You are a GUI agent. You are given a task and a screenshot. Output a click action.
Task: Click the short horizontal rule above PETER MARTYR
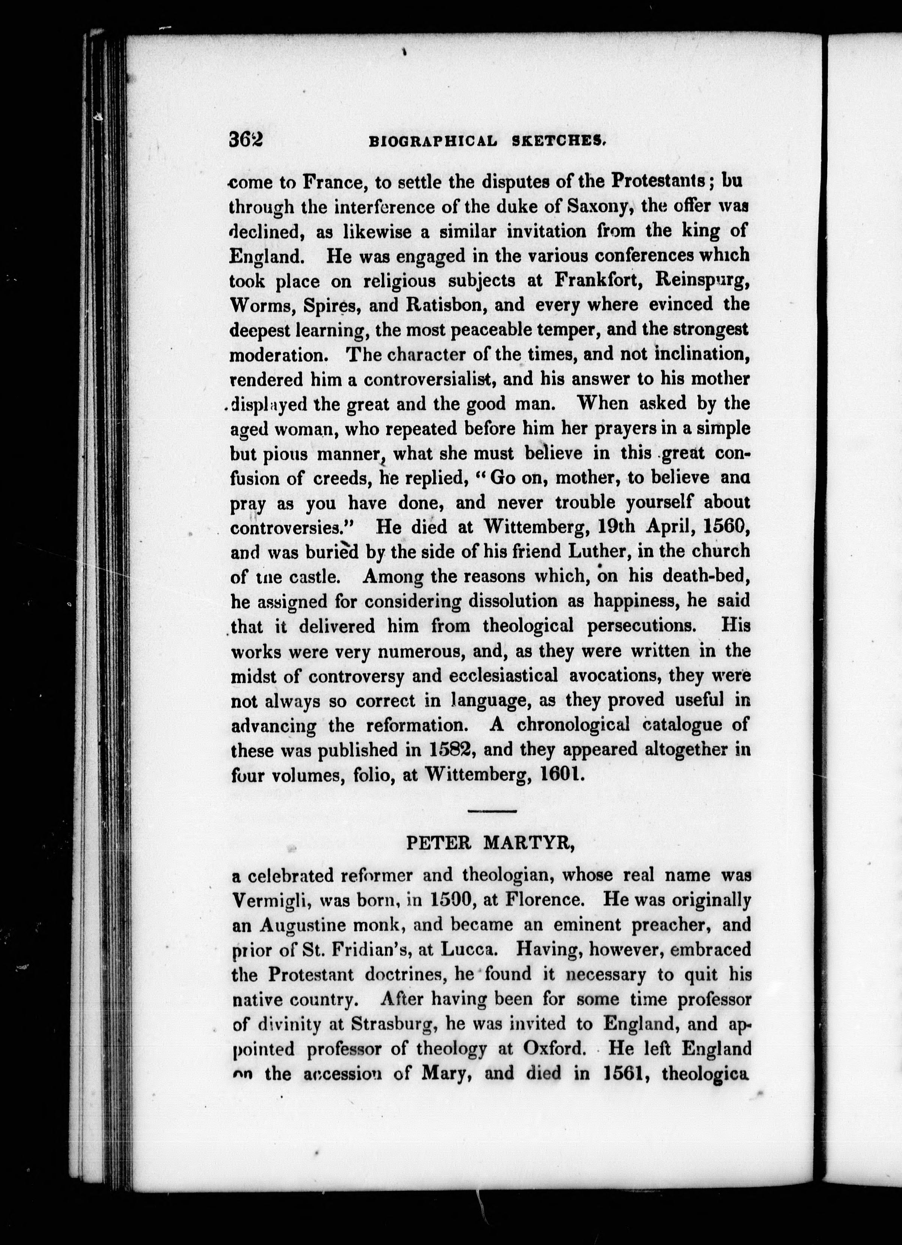point(493,810)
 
